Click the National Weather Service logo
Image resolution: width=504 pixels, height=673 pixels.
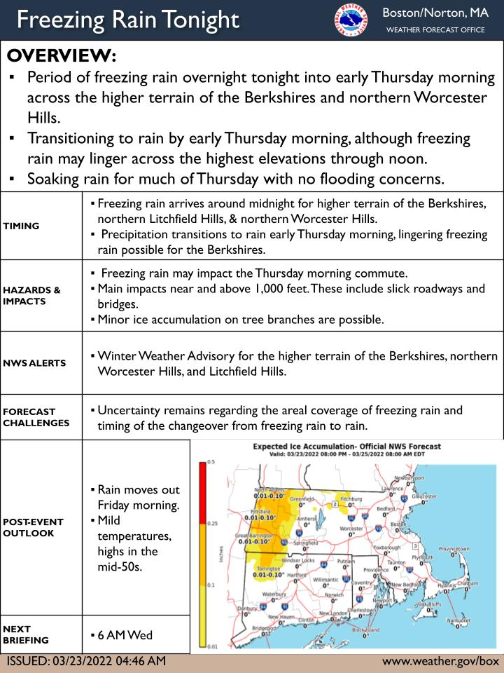point(351,19)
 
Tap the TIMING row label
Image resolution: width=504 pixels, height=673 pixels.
point(22,226)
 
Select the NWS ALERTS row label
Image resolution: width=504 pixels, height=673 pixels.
point(34,363)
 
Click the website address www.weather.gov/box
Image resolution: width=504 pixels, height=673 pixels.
point(440,661)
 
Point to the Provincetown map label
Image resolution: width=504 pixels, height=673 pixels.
point(453,549)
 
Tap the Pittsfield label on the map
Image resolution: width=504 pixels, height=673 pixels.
point(260,512)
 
